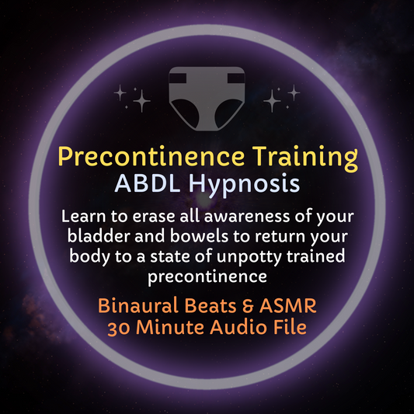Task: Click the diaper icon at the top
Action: click(x=207, y=97)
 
